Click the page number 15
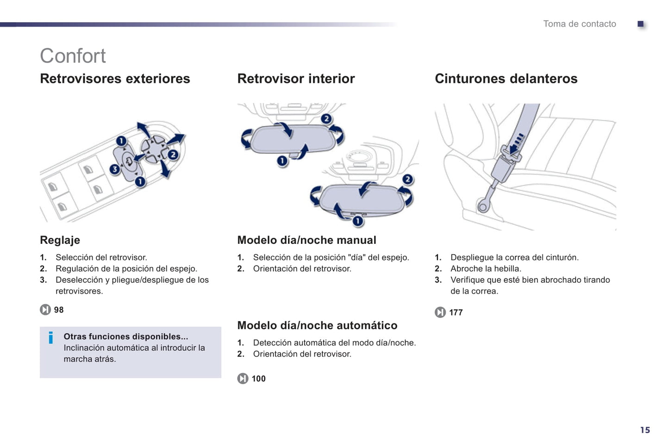click(x=645, y=430)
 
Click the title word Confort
click(x=73, y=56)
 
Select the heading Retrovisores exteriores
click(x=115, y=79)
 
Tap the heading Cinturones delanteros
click(x=506, y=79)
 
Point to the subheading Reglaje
click(x=60, y=240)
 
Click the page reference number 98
click(x=59, y=310)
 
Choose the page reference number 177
click(x=456, y=313)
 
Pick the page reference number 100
click(x=258, y=379)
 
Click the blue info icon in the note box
click(x=51, y=338)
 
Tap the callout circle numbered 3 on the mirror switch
click(x=115, y=170)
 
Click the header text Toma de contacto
click(x=579, y=24)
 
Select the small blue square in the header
click(x=641, y=24)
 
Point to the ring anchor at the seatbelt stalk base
click(x=483, y=206)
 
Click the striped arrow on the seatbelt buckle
click(x=516, y=143)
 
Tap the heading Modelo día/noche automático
click(x=317, y=325)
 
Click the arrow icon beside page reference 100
click(x=243, y=378)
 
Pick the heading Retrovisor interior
click(x=296, y=79)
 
